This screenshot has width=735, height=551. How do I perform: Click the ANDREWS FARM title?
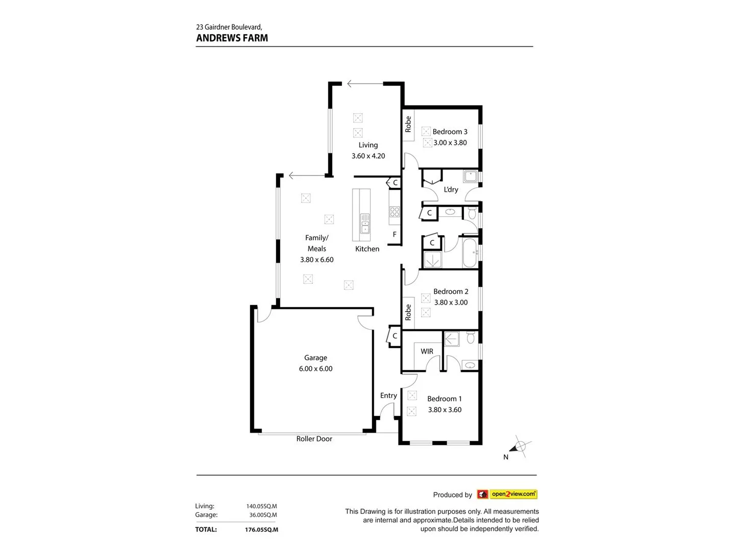click(232, 38)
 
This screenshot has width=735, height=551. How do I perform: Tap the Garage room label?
click(315, 358)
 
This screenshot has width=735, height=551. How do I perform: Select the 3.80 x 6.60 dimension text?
click(316, 260)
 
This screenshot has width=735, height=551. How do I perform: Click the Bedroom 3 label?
click(450, 132)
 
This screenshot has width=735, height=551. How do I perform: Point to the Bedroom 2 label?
click(451, 291)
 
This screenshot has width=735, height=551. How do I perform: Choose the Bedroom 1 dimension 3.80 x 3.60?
click(445, 410)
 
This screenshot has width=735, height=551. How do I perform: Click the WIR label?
click(427, 352)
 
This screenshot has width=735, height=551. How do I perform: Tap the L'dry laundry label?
click(451, 190)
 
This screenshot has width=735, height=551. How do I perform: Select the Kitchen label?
click(367, 249)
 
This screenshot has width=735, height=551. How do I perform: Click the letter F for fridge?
click(395, 235)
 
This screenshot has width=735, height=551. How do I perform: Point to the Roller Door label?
click(314, 439)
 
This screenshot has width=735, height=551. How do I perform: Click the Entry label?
click(388, 395)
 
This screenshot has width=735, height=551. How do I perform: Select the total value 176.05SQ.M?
click(261, 530)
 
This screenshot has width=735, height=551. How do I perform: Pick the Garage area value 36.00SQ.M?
click(263, 515)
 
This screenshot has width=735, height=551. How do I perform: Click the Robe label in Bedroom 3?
click(408, 124)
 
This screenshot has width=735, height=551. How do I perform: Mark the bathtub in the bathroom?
click(469, 253)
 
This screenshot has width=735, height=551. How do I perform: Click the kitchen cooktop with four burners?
click(395, 211)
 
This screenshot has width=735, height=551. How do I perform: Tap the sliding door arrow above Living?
click(364, 84)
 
